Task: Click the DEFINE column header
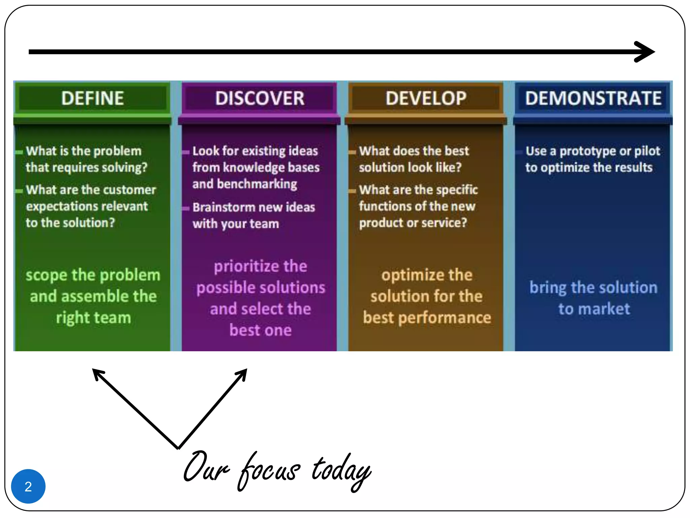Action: tap(92, 98)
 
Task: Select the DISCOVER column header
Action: tap(259, 98)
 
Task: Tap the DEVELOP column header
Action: tap(426, 98)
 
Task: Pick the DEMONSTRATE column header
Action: tap(593, 98)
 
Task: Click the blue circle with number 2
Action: tap(28, 486)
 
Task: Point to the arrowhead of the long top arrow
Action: tap(645, 52)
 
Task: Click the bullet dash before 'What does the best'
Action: tap(352, 152)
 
